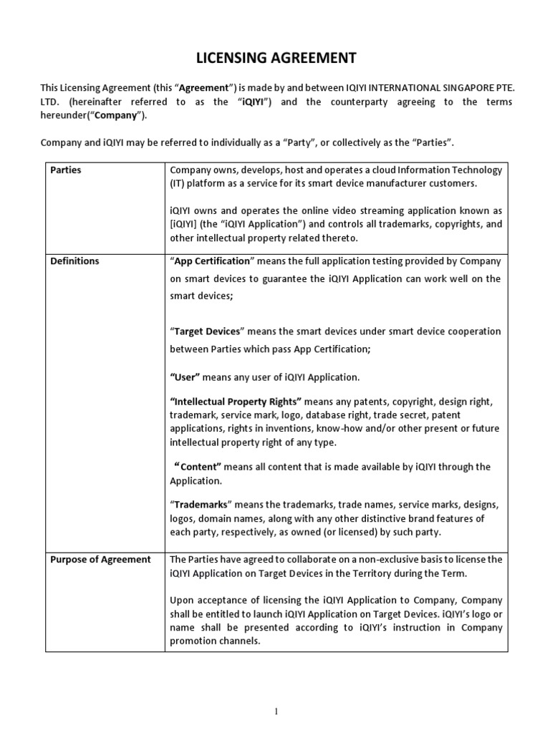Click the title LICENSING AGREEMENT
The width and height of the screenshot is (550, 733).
coord(274,57)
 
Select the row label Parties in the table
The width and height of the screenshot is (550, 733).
coord(65,170)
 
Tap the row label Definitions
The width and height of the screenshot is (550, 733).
coord(74,261)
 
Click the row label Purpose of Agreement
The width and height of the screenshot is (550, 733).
coord(100,559)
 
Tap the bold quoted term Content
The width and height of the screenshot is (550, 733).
coord(198,467)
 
